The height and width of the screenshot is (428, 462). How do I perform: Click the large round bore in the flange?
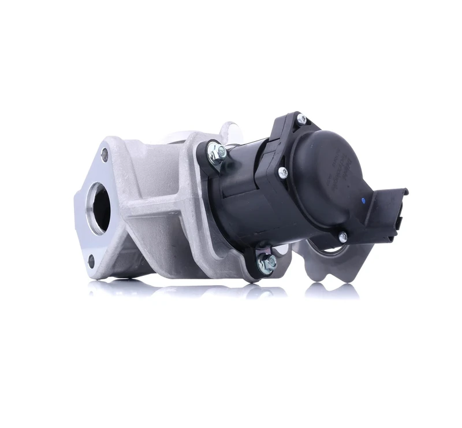[x=100, y=208]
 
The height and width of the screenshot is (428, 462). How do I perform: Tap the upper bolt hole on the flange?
[x=105, y=154]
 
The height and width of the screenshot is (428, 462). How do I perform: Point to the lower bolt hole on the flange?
[x=91, y=261]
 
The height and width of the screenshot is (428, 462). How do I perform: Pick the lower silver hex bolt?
[x=267, y=263]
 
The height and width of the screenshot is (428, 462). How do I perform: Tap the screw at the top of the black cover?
[x=301, y=120]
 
